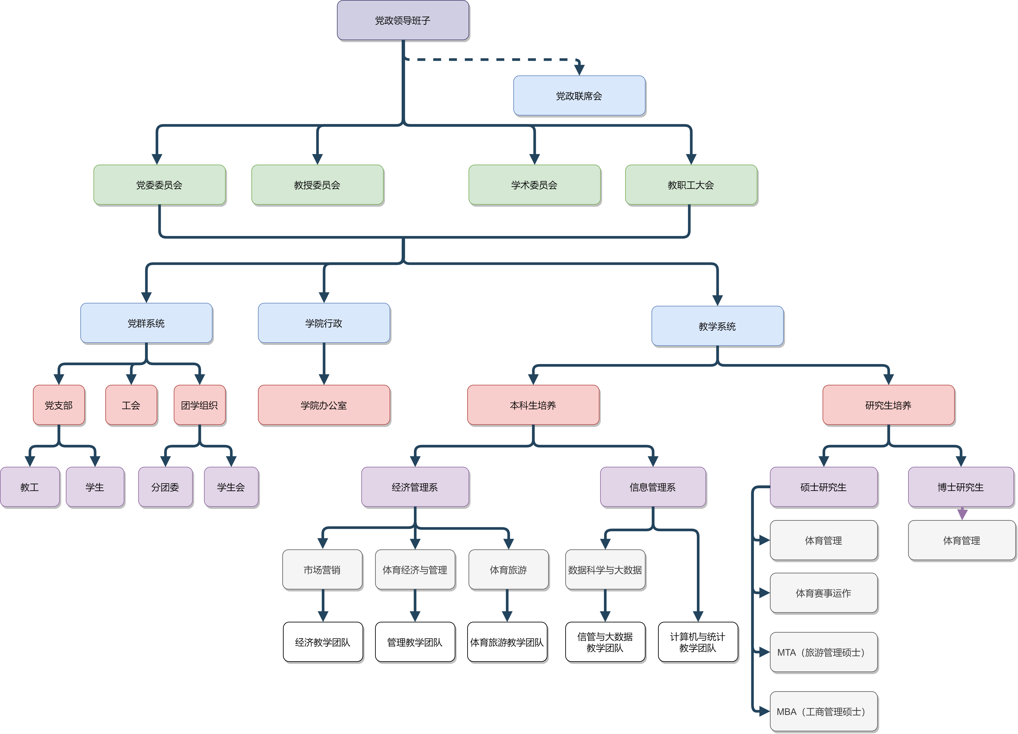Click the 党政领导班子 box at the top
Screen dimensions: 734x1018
click(403, 20)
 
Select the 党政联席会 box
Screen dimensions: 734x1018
click(579, 96)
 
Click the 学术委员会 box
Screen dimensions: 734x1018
click(534, 185)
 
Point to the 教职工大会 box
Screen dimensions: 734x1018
click(691, 185)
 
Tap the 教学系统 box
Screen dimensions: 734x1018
click(717, 326)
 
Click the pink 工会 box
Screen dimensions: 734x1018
click(131, 405)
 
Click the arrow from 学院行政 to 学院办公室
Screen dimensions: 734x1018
click(324, 364)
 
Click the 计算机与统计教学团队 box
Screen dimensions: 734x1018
click(698, 642)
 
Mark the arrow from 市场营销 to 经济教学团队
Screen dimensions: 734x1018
click(323, 606)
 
